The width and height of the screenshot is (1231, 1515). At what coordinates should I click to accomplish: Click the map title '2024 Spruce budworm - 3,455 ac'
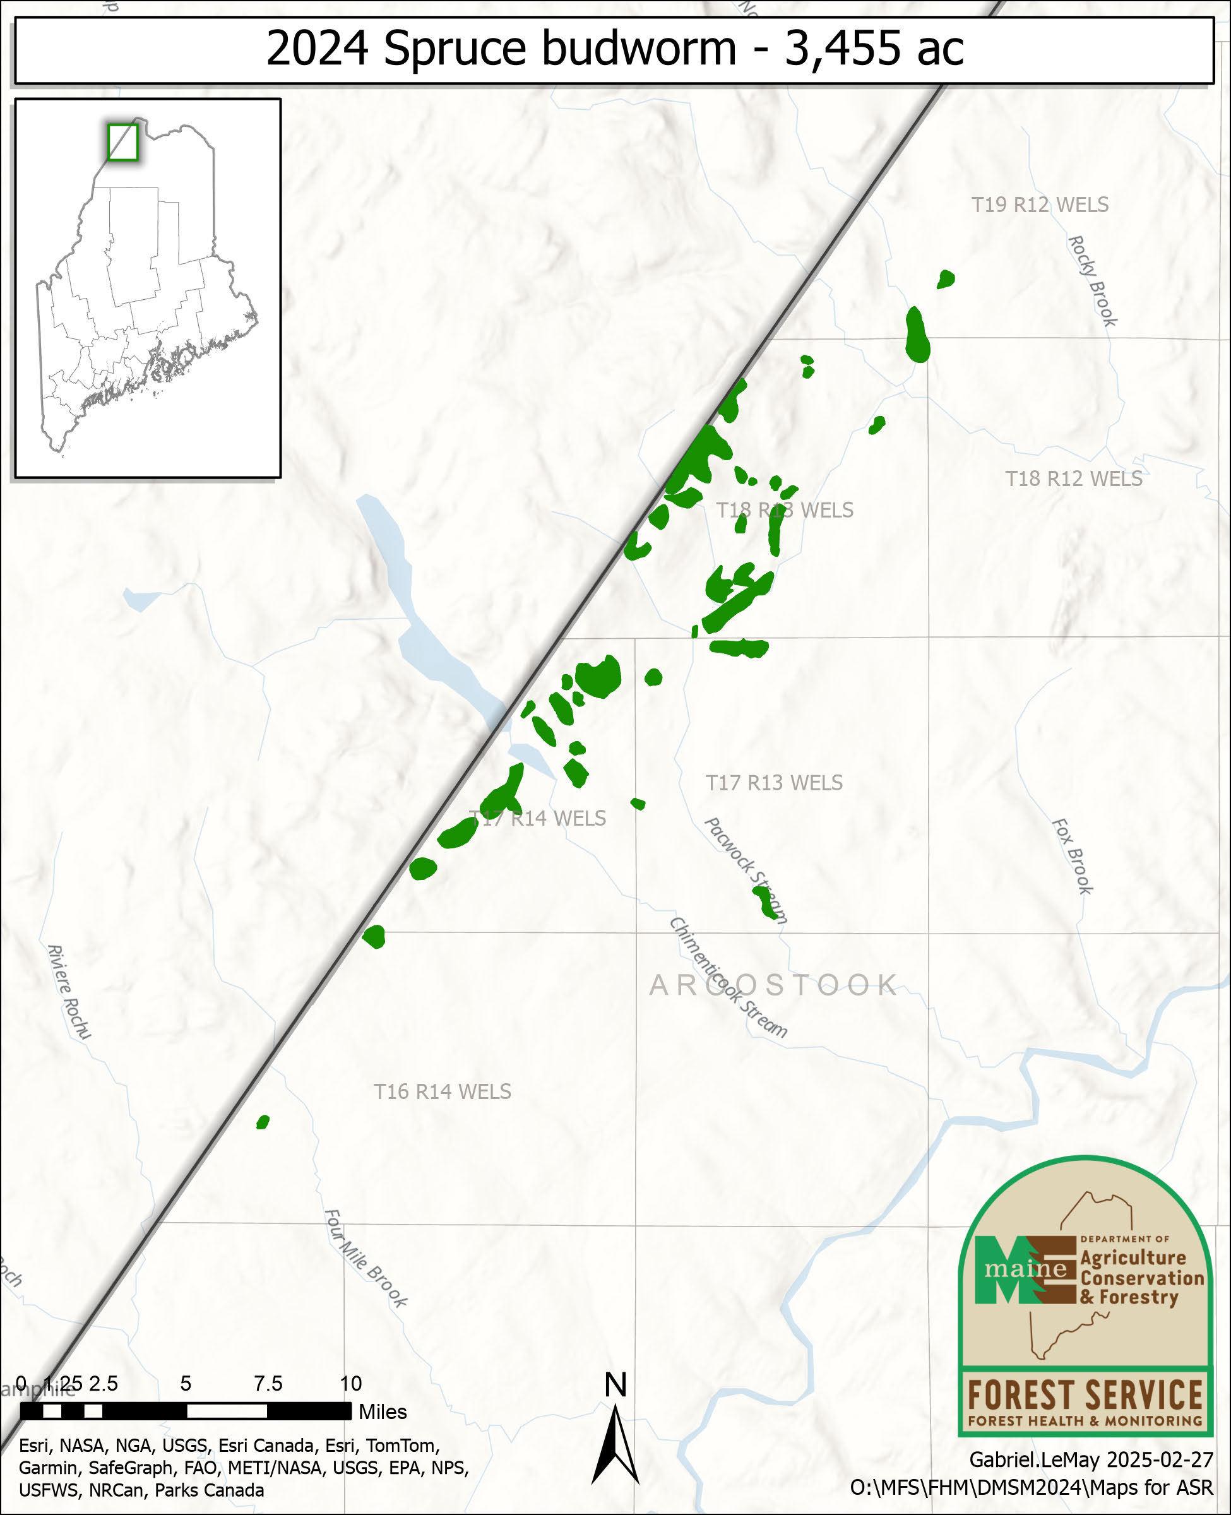[614, 48]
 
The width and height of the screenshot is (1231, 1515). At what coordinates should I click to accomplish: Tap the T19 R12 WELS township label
[1040, 205]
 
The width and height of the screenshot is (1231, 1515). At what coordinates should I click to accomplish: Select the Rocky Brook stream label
[1092, 282]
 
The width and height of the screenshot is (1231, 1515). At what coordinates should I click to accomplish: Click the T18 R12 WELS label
[1074, 479]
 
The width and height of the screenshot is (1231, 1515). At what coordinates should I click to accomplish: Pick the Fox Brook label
[1072, 857]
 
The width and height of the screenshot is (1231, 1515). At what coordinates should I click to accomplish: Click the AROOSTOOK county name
[773, 985]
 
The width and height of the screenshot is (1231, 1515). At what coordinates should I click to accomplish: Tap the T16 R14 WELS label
[442, 1092]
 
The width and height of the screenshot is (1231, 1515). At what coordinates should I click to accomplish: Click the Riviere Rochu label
[69, 992]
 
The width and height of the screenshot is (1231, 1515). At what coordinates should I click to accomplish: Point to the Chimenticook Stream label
[728, 979]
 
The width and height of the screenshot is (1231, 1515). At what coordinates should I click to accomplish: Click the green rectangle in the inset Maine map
[122, 142]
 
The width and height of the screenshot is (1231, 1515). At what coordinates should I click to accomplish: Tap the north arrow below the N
[615, 1446]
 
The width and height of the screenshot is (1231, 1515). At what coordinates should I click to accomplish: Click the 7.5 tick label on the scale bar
[268, 1383]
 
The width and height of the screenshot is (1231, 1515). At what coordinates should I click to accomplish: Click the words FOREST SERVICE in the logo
[1085, 1395]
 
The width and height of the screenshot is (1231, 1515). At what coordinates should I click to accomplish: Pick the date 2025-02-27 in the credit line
[1160, 1459]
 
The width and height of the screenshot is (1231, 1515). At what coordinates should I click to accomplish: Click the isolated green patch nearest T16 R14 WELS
[263, 1122]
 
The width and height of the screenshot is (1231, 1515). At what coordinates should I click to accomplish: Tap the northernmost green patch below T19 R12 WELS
[945, 279]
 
